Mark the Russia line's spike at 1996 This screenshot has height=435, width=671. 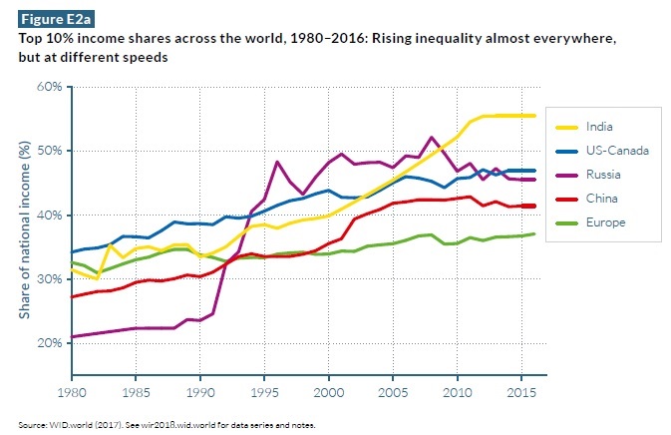[x=276, y=162]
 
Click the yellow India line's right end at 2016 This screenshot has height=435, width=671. [x=536, y=116]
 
